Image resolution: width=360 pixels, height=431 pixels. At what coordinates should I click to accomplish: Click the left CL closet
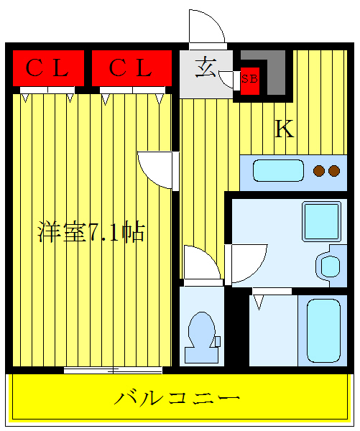click(x=47, y=68)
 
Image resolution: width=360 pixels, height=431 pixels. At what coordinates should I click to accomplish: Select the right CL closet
click(x=131, y=68)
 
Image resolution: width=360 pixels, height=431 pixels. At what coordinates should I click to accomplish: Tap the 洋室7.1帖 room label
click(x=91, y=232)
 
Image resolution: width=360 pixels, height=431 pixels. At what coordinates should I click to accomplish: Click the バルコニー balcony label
click(x=177, y=397)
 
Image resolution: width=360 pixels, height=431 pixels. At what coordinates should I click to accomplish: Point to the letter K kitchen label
click(x=285, y=129)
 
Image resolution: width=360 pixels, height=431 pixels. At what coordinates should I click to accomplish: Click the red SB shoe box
click(x=249, y=78)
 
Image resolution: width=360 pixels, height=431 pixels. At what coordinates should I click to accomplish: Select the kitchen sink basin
click(x=279, y=171)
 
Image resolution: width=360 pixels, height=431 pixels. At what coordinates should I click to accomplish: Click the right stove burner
click(x=333, y=171)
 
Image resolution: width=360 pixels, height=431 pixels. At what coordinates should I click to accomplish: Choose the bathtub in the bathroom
click(x=323, y=330)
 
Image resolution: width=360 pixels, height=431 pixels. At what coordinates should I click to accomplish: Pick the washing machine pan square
click(x=320, y=219)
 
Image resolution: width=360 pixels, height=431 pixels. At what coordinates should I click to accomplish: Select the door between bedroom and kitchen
click(x=157, y=171)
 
